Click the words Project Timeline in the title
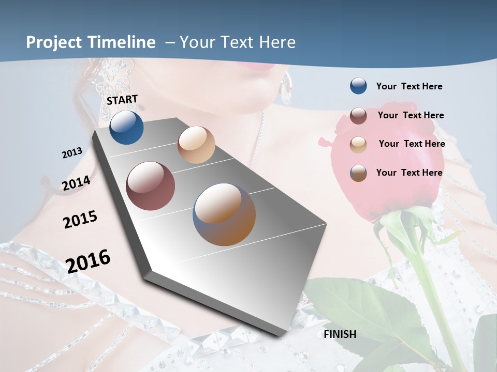click(x=91, y=42)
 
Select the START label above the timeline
click(x=122, y=100)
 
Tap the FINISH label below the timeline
click(x=340, y=334)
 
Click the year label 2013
click(x=72, y=153)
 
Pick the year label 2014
click(x=76, y=183)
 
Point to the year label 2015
click(x=80, y=219)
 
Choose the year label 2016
click(x=88, y=261)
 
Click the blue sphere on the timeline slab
click(x=126, y=127)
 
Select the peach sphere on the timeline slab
click(x=196, y=145)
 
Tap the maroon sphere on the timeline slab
click(x=151, y=186)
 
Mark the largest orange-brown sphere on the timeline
click(x=224, y=214)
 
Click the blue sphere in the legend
click(x=358, y=86)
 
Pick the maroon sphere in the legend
click(x=358, y=116)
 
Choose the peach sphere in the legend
click(x=358, y=145)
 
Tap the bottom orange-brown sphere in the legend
click(x=358, y=173)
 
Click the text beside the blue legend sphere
click(x=409, y=86)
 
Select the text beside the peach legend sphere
click(x=412, y=144)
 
